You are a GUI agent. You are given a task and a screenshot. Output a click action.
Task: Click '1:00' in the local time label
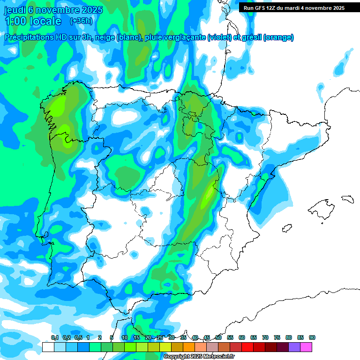click(x=15, y=21)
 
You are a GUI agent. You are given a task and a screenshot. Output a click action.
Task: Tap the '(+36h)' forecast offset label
click(x=81, y=21)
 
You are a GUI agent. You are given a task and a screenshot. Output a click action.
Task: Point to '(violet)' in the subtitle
click(x=219, y=37)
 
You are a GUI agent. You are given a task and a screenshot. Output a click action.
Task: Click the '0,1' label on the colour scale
click(x=54, y=337)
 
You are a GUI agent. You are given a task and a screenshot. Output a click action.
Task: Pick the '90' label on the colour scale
click(x=312, y=337)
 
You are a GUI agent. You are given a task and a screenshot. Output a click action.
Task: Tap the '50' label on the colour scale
click(x=218, y=337)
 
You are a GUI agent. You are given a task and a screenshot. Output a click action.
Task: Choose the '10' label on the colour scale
click(x=125, y=337)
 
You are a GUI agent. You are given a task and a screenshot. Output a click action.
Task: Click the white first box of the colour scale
click(x=48, y=347)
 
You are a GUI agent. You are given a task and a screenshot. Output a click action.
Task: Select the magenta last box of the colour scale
click(x=306, y=347)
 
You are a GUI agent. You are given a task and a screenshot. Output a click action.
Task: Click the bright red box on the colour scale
click(x=247, y=347)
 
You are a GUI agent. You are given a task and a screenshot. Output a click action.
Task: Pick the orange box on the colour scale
click(x=189, y=347)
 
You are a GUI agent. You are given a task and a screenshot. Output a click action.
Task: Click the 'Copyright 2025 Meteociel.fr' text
click(x=199, y=357)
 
